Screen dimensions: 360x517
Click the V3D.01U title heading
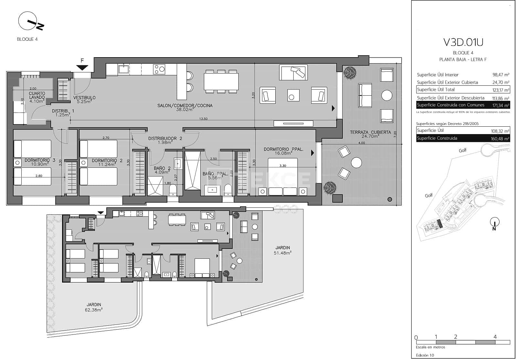[463, 42]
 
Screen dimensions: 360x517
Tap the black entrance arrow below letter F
[83, 67]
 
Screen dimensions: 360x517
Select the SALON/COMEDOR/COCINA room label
[185, 106]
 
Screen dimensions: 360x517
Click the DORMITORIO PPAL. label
[283, 149]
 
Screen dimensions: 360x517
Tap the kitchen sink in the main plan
[123, 69]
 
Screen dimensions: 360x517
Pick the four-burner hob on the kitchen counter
[159, 69]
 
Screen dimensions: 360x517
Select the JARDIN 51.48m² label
[282, 250]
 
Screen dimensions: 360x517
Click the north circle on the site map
[494, 222]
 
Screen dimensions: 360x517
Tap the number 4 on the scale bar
[495, 337]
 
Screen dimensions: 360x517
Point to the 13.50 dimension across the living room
[203, 119]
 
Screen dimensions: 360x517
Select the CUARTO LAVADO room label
[37, 96]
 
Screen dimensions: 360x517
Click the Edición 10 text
[425, 355]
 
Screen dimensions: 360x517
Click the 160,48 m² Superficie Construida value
[500, 139]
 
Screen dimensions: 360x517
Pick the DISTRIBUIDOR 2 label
[165, 139]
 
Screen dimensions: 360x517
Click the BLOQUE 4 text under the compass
[27, 39]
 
